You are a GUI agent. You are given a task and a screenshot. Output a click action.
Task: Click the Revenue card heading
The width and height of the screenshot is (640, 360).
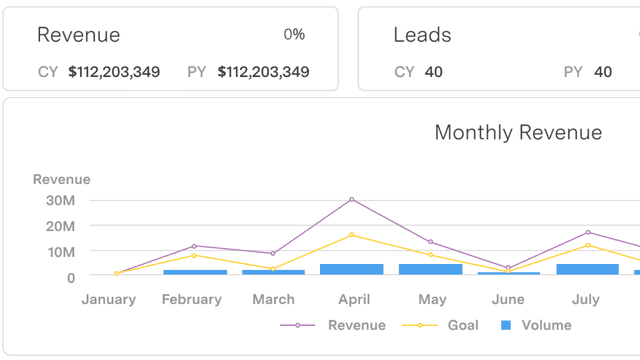coord(78,35)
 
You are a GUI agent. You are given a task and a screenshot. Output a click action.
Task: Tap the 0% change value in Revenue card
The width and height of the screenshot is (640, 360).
coord(294,35)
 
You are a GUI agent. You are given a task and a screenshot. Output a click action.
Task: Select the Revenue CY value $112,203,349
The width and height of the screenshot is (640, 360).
coord(115,72)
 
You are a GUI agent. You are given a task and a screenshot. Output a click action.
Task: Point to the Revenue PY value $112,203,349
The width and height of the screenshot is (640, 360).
coord(263,72)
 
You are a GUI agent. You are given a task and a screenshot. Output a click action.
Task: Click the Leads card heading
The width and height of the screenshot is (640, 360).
coord(422,35)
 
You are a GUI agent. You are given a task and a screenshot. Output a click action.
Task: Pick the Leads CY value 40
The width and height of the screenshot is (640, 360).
coord(433,72)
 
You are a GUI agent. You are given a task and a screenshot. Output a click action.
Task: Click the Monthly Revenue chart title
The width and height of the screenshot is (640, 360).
coord(518,133)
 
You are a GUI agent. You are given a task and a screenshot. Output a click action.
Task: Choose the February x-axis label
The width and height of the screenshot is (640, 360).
coord(191,299)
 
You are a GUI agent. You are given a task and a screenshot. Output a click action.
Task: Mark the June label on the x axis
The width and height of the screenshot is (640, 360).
coord(508,299)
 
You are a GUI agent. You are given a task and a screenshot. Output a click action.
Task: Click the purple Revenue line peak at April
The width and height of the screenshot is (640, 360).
coord(352,199)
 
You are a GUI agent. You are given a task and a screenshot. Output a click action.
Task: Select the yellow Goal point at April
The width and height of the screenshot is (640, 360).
coord(352,235)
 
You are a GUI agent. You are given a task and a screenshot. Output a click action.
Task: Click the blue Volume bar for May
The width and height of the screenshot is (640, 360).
coord(430,269)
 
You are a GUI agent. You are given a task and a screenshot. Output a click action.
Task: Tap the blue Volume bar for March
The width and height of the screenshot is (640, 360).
coord(273,272)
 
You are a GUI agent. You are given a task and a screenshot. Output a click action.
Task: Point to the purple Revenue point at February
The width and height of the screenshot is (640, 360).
coord(194,246)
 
